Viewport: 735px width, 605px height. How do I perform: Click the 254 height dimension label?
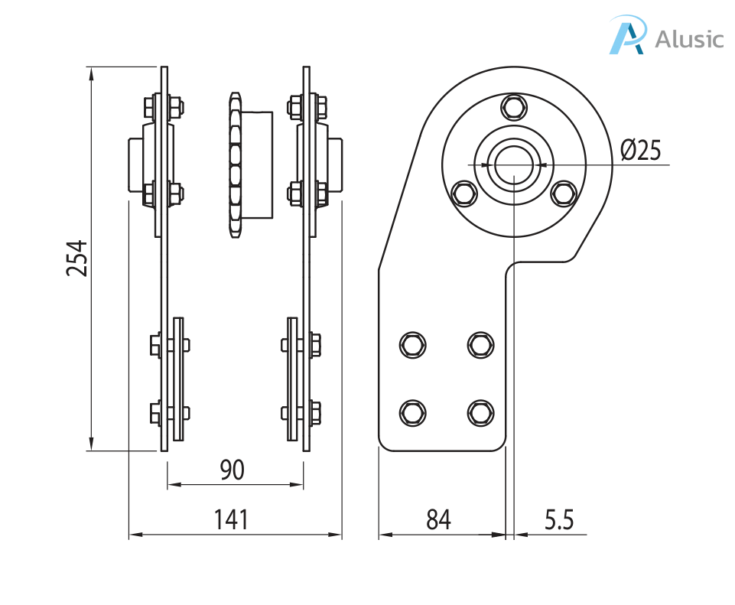tap(77, 259)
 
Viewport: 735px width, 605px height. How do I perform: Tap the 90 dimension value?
tap(232, 470)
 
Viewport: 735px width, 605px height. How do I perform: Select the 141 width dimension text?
tap(231, 520)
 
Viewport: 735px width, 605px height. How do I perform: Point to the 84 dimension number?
tap(438, 520)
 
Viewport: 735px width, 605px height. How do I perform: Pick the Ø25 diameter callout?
tap(640, 150)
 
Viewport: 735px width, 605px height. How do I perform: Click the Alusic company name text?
tap(688, 38)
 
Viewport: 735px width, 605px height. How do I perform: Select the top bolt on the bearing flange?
tap(514, 106)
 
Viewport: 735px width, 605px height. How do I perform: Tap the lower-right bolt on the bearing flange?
tap(564, 194)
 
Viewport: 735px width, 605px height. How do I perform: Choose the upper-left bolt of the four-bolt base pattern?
tap(413, 344)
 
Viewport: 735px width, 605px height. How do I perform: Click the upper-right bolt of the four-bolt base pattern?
tap(480, 344)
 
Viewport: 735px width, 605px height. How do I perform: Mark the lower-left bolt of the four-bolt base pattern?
tap(413, 412)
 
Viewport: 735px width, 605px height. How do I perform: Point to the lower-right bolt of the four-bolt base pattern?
tap(480, 412)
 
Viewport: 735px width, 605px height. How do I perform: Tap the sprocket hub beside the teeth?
tap(258, 164)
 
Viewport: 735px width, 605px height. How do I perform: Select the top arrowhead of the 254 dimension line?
tap(91, 73)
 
